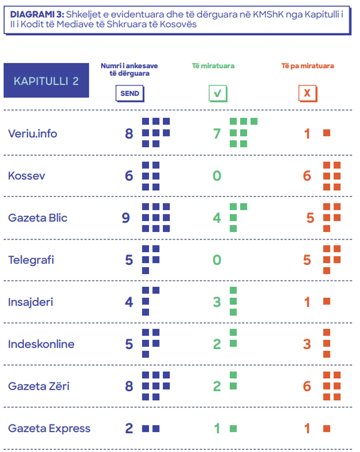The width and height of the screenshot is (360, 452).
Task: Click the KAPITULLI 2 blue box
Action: [x=46, y=80]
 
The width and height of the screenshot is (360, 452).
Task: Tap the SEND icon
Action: [x=129, y=93]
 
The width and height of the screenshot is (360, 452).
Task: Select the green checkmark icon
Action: [x=218, y=93]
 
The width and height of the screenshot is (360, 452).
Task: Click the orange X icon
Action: [x=307, y=93]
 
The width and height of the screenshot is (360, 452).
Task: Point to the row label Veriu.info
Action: [x=33, y=133]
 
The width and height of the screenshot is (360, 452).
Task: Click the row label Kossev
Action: [x=26, y=176]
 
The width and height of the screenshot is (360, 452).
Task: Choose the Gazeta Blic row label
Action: [x=38, y=218]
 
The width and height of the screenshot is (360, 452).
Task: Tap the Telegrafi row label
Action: [x=31, y=260]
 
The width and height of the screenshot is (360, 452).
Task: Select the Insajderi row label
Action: [x=31, y=302]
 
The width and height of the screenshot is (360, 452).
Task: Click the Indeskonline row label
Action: [x=41, y=344]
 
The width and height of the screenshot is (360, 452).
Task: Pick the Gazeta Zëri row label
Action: [x=39, y=386]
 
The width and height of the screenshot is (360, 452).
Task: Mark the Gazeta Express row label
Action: [x=49, y=429]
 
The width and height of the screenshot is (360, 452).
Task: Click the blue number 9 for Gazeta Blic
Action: [x=126, y=218]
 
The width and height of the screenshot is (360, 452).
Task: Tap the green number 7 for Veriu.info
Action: [x=217, y=134]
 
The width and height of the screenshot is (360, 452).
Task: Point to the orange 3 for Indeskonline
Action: [x=307, y=344]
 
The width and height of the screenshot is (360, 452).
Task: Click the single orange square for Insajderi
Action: [x=327, y=301]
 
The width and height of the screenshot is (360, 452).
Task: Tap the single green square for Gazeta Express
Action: [x=233, y=429]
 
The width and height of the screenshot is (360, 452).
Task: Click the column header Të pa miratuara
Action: [x=307, y=66]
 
